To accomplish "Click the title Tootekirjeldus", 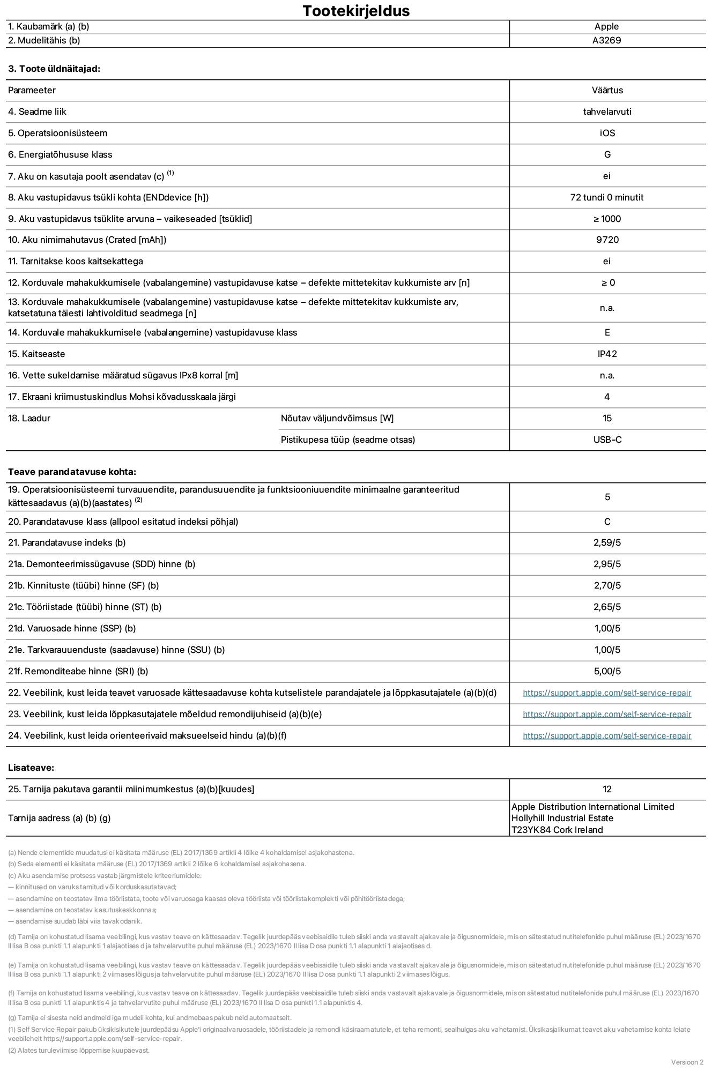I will [356, 11].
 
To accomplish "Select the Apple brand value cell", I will [606, 26].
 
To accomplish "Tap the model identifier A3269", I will [606, 40].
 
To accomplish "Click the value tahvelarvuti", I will [607, 111].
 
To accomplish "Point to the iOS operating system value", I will [607, 133].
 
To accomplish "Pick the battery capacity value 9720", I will [607, 240].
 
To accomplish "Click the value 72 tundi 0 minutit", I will [607, 197].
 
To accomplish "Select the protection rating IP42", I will [607, 354].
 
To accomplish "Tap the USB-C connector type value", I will [607, 440].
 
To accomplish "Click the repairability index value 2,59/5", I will [607, 542].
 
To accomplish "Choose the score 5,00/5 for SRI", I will [607, 671].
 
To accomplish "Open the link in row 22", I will [607, 693].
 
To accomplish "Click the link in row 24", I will [607, 735].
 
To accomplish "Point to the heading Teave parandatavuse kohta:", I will [72, 472].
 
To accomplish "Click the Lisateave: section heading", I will [31, 768].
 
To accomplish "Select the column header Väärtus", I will [607, 90].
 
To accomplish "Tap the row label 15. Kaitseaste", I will [36, 354].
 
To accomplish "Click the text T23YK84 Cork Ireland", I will [557, 830].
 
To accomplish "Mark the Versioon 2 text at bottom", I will [687, 1062].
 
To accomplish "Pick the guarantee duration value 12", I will [607, 789].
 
